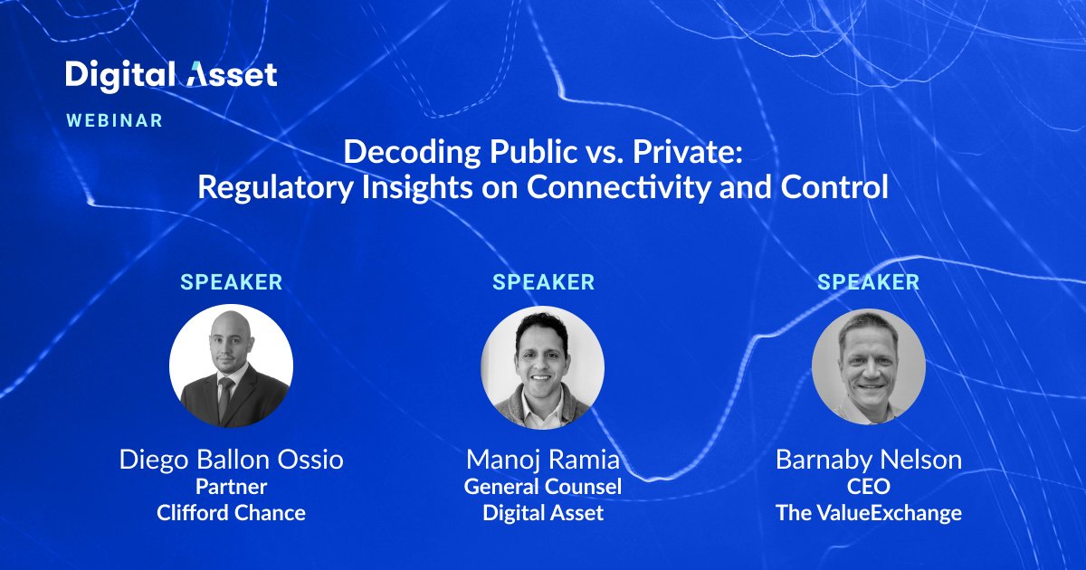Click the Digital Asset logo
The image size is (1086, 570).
[x=171, y=75]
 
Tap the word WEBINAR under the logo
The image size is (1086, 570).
[x=114, y=120]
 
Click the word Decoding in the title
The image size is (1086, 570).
[x=399, y=151]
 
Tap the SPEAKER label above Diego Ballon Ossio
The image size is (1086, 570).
[x=232, y=282]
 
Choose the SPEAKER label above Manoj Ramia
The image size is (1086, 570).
[x=543, y=282]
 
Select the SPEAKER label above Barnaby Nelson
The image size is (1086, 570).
[x=868, y=282]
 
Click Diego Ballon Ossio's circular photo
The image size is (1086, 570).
[x=232, y=366]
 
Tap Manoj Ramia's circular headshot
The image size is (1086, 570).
[x=543, y=367]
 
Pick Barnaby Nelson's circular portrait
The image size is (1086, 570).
[x=868, y=366]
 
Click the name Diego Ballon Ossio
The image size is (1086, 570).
[x=232, y=460]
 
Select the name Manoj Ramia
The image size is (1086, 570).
[x=543, y=460]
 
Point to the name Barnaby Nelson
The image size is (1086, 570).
[x=868, y=460]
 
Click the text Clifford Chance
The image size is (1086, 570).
[x=232, y=513]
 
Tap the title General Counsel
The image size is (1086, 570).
[x=543, y=487]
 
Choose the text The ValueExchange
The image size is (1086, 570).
[x=868, y=513]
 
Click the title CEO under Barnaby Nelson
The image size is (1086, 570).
[x=868, y=487]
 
